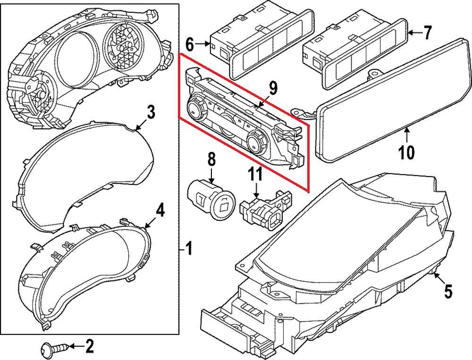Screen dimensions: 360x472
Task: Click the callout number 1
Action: click(188, 248)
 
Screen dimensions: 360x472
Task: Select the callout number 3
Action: click(150, 112)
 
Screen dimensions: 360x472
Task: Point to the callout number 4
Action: click(160, 210)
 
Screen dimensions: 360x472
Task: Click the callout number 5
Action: click(447, 292)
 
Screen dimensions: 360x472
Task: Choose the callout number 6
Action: click(189, 45)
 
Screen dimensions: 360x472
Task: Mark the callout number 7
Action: click(427, 33)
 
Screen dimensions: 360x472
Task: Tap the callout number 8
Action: click(211, 159)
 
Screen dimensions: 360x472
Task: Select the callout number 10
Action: click(406, 152)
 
